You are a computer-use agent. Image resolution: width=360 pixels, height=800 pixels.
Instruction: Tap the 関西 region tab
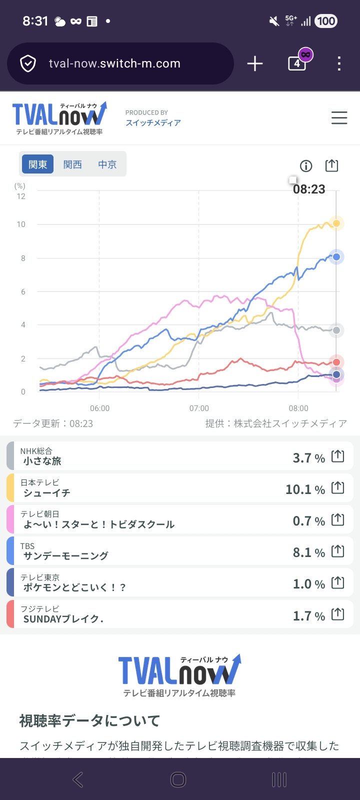click(x=72, y=164)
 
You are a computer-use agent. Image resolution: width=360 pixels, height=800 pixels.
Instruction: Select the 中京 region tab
click(x=107, y=164)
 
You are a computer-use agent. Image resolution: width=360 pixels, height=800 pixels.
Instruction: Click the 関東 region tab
click(x=37, y=164)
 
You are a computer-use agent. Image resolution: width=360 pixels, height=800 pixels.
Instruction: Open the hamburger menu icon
click(x=339, y=118)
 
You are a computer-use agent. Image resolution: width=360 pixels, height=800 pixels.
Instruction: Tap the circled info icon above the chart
click(x=305, y=166)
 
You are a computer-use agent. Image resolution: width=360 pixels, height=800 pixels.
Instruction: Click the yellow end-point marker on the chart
click(x=336, y=223)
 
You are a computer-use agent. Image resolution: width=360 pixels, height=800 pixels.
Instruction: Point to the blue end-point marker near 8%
click(x=336, y=257)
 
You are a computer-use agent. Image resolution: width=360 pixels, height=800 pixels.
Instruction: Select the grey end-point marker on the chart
click(x=336, y=330)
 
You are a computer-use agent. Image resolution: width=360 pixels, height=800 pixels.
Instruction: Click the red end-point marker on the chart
click(x=336, y=362)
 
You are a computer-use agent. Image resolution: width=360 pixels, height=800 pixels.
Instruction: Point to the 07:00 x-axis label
click(x=199, y=408)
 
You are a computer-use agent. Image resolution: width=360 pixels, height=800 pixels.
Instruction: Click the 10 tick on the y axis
click(x=21, y=224)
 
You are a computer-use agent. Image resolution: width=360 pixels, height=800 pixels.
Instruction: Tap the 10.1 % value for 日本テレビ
click(x=305, y=489)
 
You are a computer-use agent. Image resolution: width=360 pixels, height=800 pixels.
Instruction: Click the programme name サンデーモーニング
click(x=65, y=555)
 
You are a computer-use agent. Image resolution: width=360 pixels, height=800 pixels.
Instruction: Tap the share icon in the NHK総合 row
click(x=338, y=456)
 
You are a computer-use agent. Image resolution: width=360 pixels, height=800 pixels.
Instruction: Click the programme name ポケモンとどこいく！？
click(x=74, y=587)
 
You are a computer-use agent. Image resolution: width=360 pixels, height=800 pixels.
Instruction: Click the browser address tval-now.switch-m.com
click(x=114, y=63)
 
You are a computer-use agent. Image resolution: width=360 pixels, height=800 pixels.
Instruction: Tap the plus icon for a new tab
click(x=254, y=63)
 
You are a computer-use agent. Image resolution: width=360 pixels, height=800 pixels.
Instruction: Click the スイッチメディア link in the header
click(x=153, y=123)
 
